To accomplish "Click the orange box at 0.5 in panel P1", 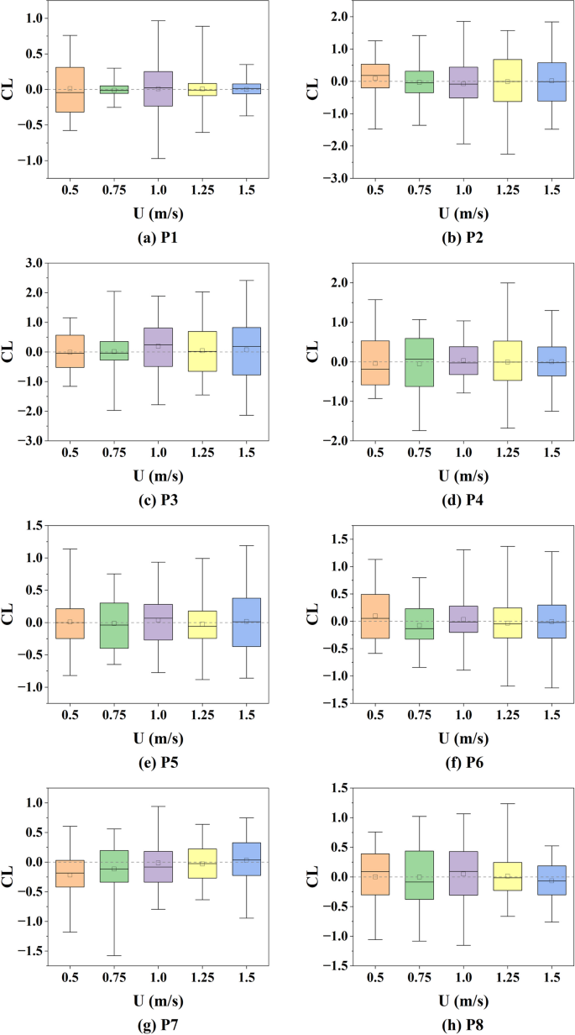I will coord(70,89).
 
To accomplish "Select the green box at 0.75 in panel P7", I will coord(114,866).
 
